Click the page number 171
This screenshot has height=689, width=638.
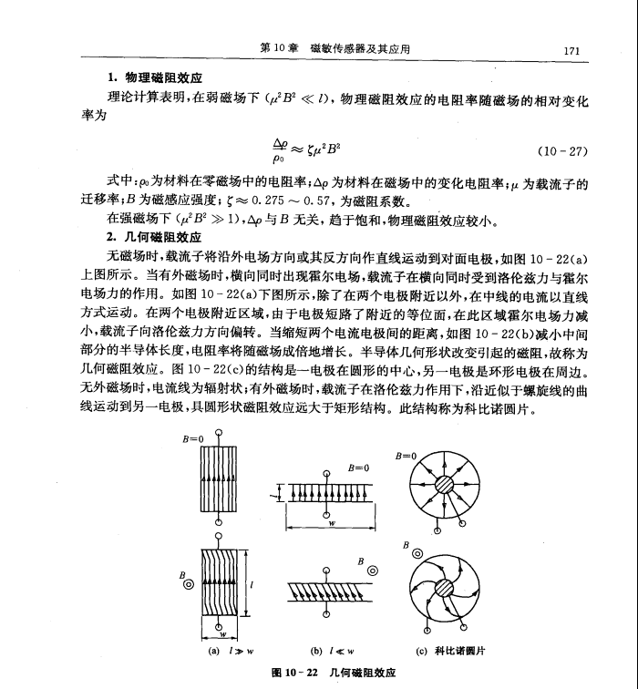572,51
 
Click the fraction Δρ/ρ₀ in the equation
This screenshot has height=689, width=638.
280,149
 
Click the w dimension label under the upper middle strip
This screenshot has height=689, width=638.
331,525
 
